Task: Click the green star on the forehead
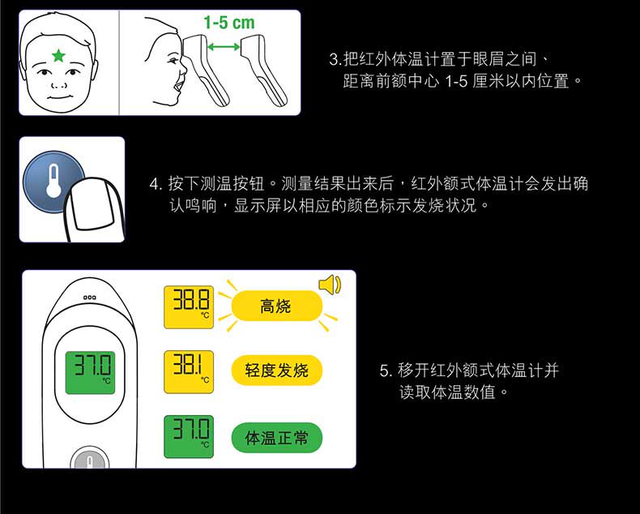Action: point(58,55)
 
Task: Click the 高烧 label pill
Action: point(275,306)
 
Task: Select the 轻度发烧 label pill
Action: point(276,371)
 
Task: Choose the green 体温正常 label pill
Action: point(276,438)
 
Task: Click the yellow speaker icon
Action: point(330,285)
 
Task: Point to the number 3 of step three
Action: point(334,60)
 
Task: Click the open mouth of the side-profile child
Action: point(175,84)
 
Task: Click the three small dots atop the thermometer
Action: point(90,298)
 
